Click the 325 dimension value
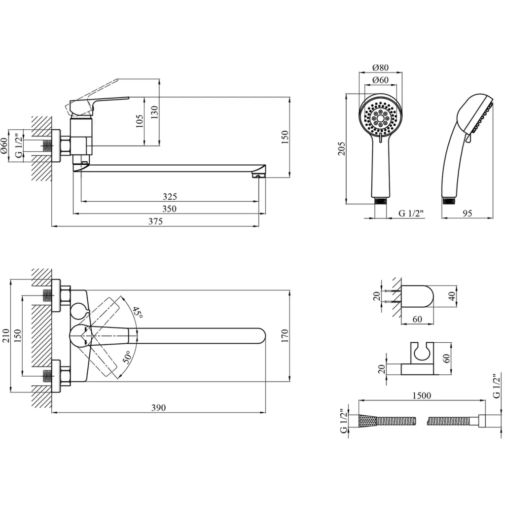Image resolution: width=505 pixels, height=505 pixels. click(x=169, y=197)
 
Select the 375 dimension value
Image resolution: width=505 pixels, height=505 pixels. click(x=155, y=221)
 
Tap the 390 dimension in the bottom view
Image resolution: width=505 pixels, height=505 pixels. click(x=158, y=407)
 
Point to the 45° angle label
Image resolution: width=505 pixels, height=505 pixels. click(x=137, y=313)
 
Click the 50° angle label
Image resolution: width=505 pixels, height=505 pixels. click(x=126, y=356)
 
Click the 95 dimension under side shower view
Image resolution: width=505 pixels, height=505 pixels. click(x=468, y=213)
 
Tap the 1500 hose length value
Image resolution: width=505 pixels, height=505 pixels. click(x=421, y=396)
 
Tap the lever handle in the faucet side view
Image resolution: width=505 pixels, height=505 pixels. click(x=99, y=103)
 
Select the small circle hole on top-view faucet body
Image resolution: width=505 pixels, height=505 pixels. click(x=78, y=311)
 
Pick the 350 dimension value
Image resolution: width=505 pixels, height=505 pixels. click(x=169, y=209)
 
